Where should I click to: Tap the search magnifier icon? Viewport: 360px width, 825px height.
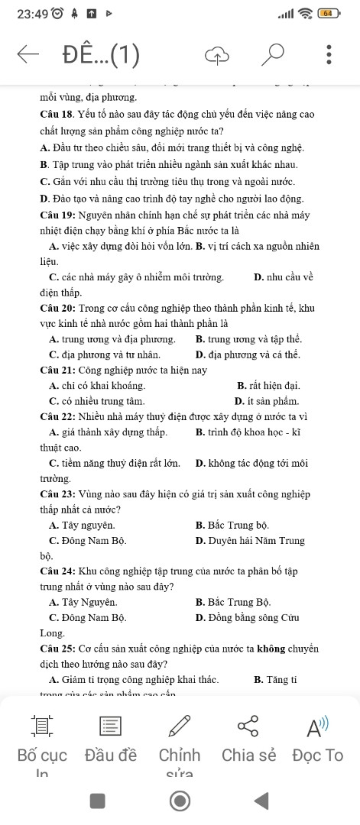[271, 54]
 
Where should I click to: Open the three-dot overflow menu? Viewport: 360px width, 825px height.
[329, 54]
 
